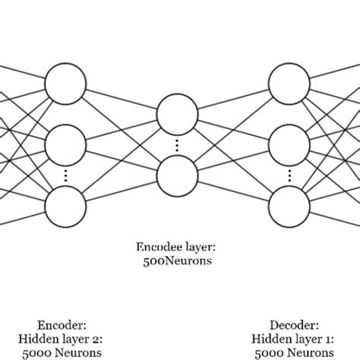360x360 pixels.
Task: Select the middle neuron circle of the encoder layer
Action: (x=66, y=142)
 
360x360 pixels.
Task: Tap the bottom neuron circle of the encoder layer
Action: (x=66, y=204)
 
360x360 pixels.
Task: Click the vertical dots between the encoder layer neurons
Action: (x=66, y=174)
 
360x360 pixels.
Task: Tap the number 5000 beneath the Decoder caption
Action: (x=270, y=352)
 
